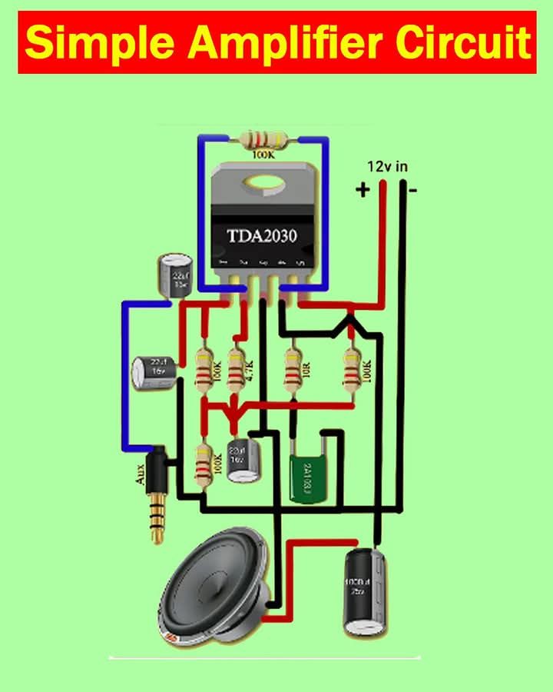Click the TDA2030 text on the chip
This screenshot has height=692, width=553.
point(261,235)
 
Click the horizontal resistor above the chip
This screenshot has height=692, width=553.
point(263,141)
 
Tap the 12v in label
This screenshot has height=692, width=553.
point(387,167)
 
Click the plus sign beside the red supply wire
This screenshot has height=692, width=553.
point(362,189)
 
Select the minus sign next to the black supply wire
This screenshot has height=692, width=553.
point(412,190)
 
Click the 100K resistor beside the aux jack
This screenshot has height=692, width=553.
point(204,464)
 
